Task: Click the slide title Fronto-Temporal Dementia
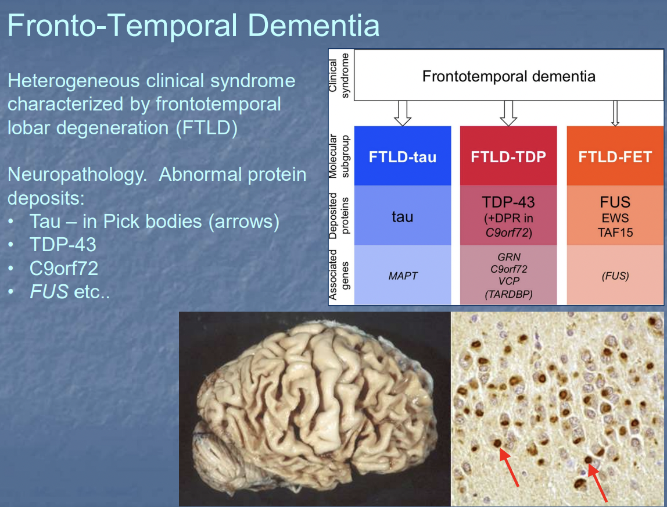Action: point(193,26)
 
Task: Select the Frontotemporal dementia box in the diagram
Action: point(508,76)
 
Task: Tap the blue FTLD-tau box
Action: point(402,157)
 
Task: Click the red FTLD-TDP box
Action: point(508,157)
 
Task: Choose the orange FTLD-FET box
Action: point(615,157)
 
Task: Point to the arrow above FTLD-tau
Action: point(402,113)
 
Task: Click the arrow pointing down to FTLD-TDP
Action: point(508,113)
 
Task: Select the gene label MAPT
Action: point(403,276)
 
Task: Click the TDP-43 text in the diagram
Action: point(508,202)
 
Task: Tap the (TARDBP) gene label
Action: point(508,294)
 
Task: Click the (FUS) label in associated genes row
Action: point(615,276)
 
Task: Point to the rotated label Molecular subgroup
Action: point(339,156)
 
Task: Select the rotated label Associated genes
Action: point(339,274)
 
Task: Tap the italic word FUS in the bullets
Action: point(49,291)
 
